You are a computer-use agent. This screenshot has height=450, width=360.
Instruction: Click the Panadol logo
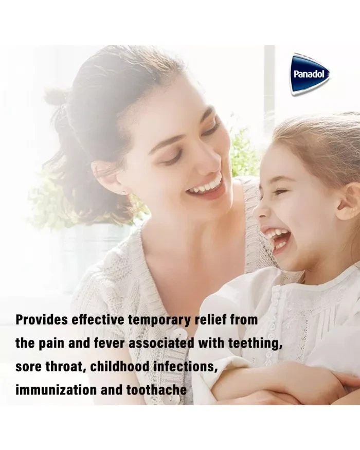pyautogui.click(x=309, y=74)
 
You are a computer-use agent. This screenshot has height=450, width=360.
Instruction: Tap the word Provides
pyautogui.click(x=42, y=320)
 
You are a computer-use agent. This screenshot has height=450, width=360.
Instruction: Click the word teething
pyautogui.click(x=255, y=344)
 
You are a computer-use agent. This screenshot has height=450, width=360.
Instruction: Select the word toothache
pyautogui.click(x=156, y=390)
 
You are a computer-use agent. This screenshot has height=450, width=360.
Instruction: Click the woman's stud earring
pyautogui.click(x=123, y=191)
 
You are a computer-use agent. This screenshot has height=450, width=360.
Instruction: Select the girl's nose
pyautogui.click(x=259, y=210)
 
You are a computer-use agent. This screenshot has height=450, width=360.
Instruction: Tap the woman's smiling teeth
pyautogui.click(x=207, y=186)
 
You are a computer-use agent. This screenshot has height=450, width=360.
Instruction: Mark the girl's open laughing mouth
pyautogui.click(x=276, y=239)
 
